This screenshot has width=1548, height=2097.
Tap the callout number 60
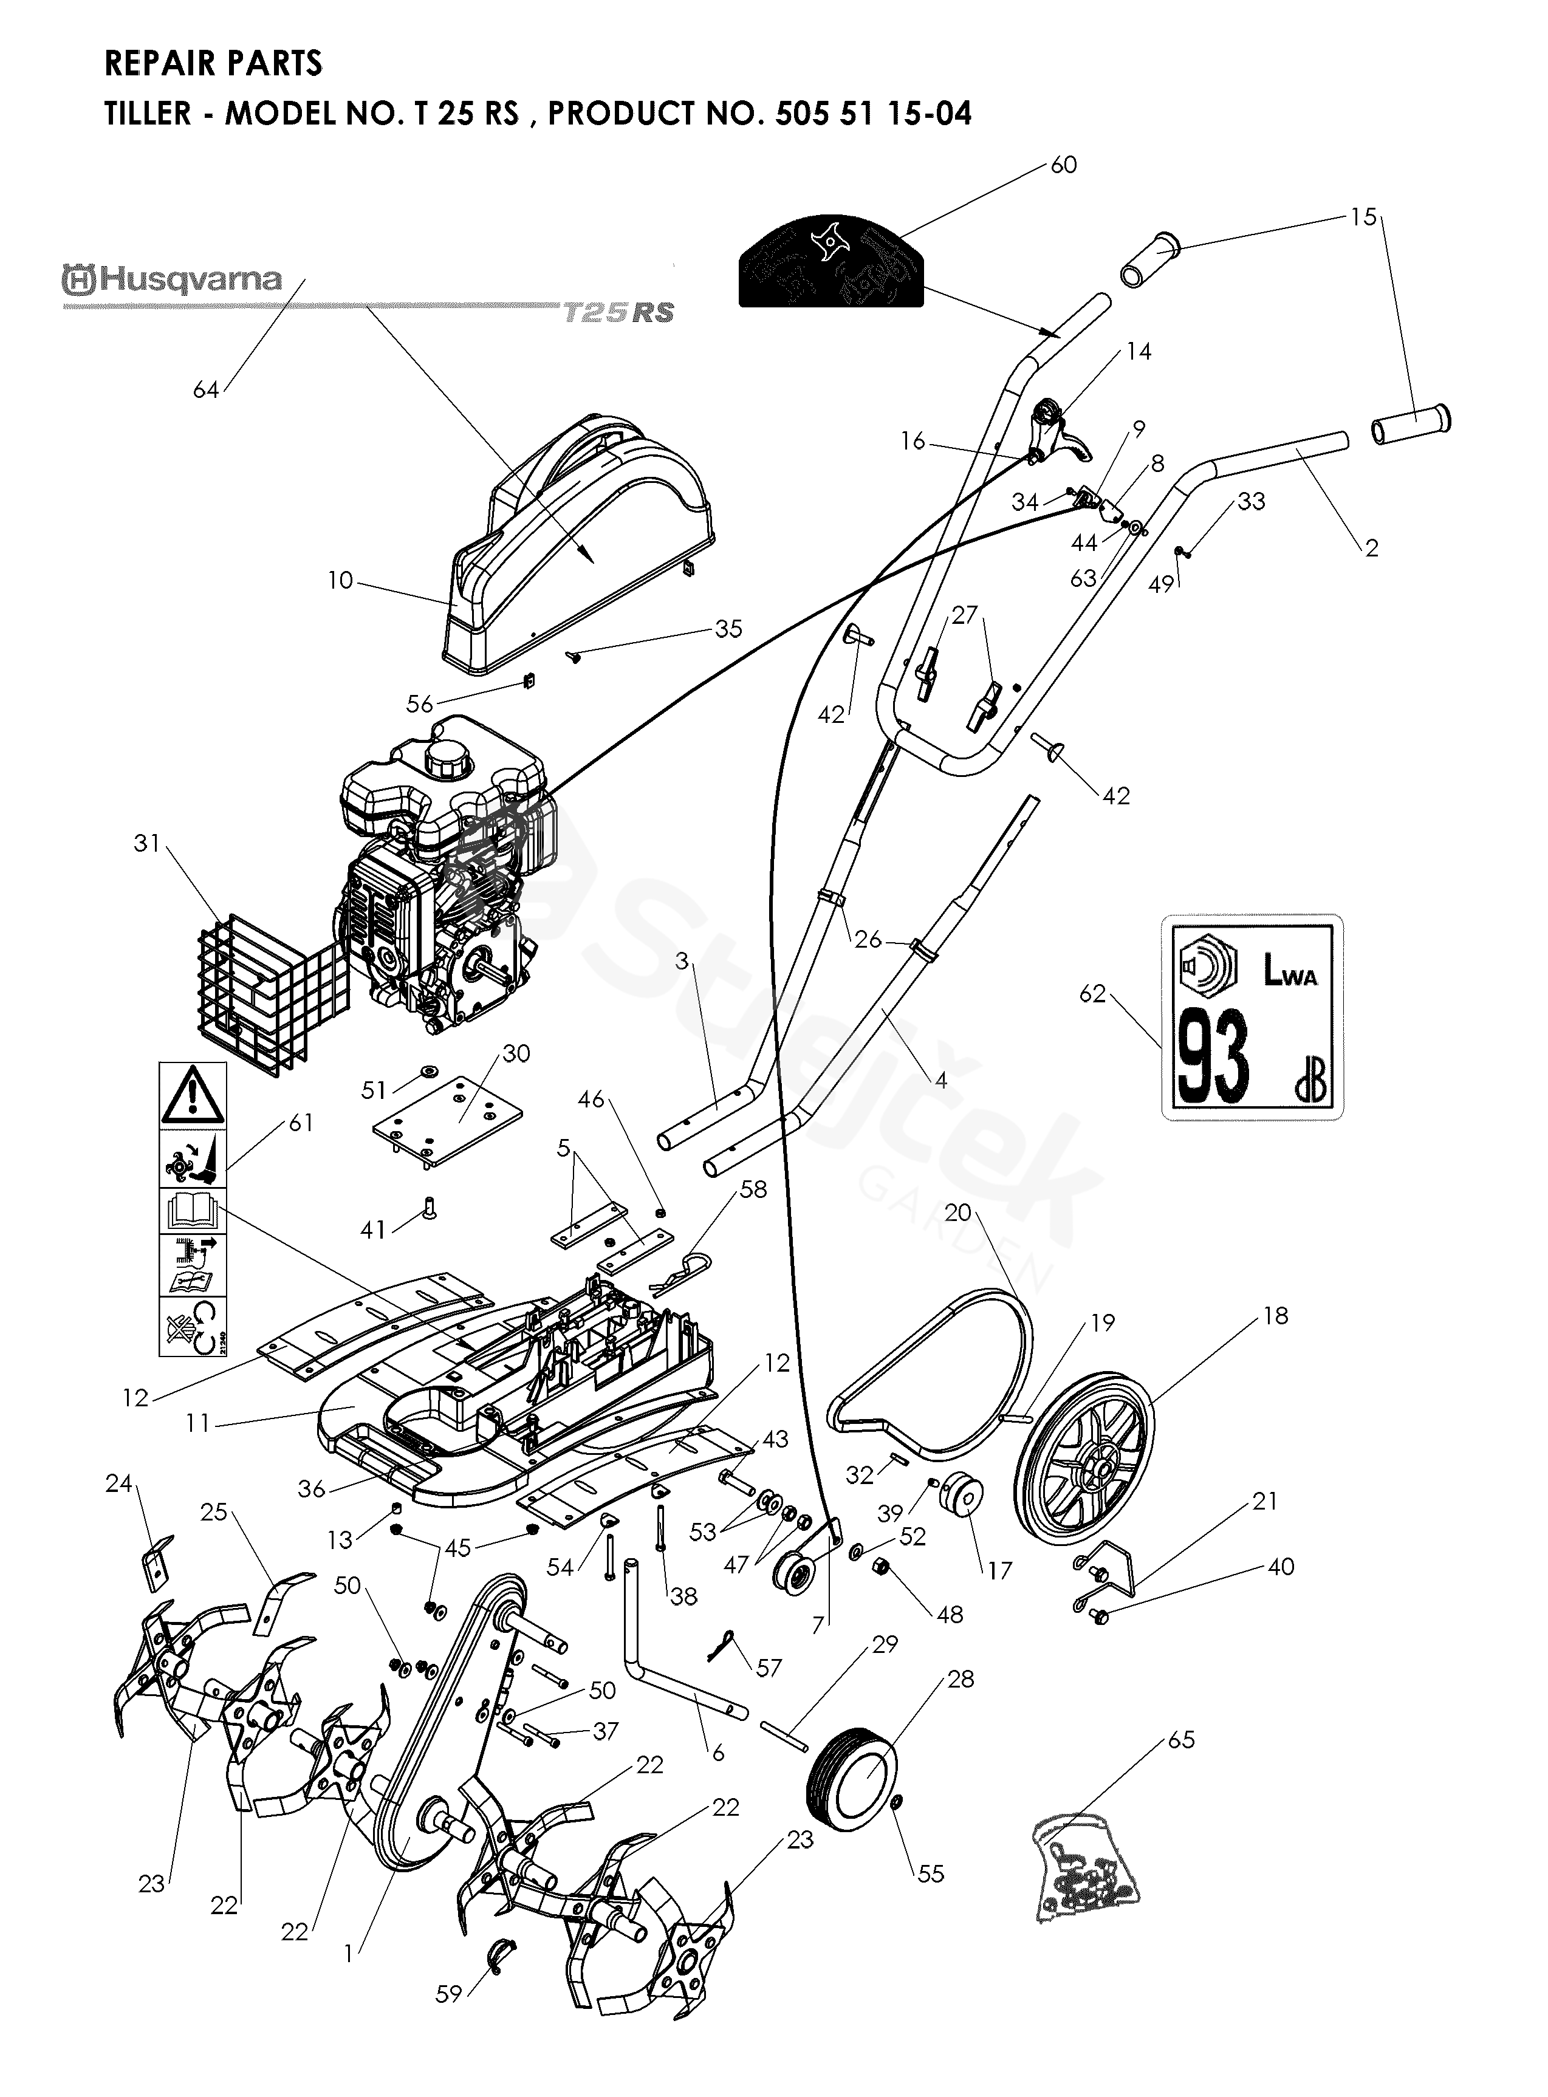pyautogui.click(x=1064, y=165)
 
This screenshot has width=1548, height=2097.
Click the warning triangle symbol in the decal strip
pyautogui.click(x=192, y=1095)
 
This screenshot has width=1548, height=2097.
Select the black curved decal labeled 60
pyautogui.click(x=831, y=261)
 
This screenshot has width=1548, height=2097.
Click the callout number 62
pyautogui.click(x=1092, y=993)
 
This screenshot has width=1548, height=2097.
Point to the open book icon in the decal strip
pyautogui.click(x=192, y=1211)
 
